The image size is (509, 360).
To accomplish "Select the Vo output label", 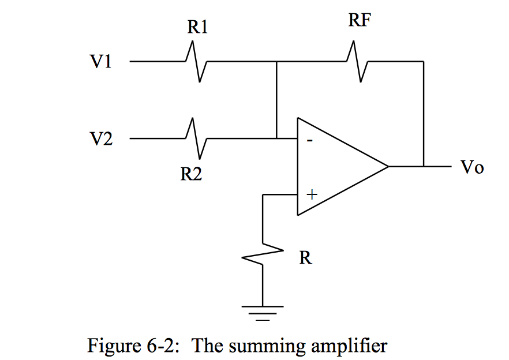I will tap(471, 168).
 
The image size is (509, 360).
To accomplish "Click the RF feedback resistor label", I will tap(360, 21).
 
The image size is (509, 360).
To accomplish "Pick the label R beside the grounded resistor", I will tap(305, 258).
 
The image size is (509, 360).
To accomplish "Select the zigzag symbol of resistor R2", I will tap(196, 138).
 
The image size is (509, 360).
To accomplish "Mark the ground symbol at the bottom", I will tap(263, 312).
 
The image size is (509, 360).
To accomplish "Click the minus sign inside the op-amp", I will tap(310, 140).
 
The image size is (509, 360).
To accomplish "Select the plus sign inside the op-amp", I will tap(312, 195).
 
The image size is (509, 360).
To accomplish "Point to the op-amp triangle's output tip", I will tap(388, 167).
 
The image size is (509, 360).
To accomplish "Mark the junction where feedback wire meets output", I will tap(424, 167).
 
